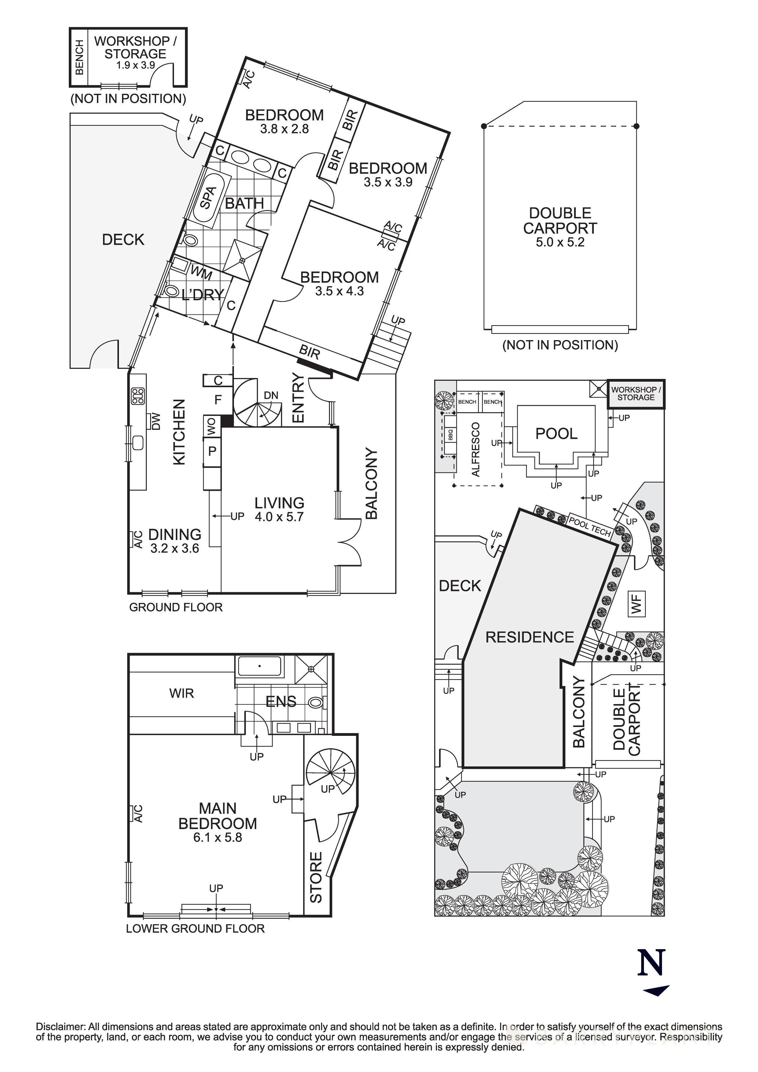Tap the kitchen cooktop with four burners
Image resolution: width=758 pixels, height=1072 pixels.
tap(138, 396)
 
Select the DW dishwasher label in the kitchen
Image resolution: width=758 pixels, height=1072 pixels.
tap(156, 422)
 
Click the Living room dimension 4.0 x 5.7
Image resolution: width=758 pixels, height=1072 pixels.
tap(279, 517)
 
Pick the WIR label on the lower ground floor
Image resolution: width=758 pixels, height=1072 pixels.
tap(181, 693)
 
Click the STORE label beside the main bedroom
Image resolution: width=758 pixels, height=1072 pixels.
tap(316, 877)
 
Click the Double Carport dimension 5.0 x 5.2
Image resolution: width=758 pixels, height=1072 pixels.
tap(560, 242)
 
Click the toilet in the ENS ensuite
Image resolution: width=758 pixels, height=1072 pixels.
tap(317, 702)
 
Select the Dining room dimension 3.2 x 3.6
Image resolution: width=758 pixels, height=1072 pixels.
tap(174, 549)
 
